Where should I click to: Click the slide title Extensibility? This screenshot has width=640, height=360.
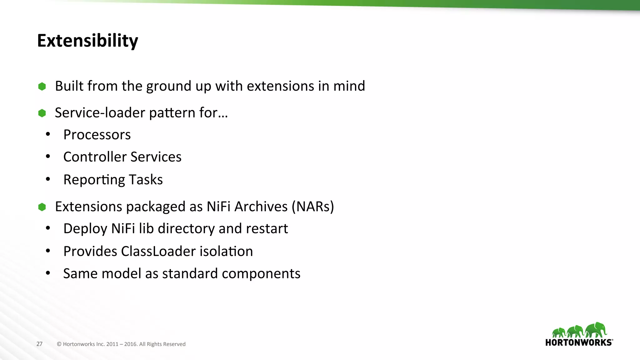(x=87, y=41)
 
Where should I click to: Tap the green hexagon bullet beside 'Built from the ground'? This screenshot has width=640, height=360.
(x=42, y=86)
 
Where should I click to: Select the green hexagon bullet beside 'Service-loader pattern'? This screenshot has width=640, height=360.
(x=42, y=113)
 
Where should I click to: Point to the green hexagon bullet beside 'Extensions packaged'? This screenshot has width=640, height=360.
(x=42, y=207)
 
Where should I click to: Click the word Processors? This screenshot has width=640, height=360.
(x=97, y=135)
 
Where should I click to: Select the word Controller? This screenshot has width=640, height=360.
(x=95, y=157)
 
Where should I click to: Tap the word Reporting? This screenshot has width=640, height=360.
(x=94, y=180)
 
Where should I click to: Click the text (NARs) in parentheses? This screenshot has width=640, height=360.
(x=313, y=207)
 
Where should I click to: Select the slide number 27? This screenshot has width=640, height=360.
(x=39, y=344)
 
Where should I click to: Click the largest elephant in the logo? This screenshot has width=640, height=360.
(x=596, y=329)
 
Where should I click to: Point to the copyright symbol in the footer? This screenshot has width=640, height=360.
(x=59, y=344)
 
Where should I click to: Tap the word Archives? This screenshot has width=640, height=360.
(x=261, y=207)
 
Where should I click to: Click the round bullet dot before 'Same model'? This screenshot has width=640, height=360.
(x=48, y=273)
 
